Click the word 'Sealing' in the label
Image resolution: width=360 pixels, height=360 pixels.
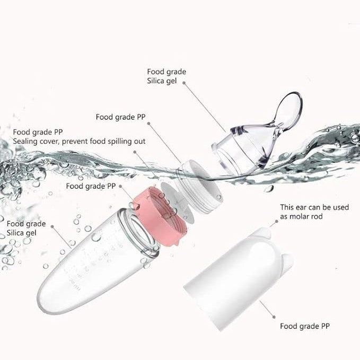(x=25, y=142)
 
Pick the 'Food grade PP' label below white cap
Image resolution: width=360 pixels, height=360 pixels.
(x=305, y=326)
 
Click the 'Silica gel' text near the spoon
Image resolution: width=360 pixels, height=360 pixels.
(x=162, y=81)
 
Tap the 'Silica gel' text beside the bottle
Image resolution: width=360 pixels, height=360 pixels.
(x=21, y=233)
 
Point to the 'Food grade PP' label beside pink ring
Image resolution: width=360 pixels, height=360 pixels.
(x=91, y=186)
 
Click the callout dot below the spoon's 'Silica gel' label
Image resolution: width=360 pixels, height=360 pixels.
(x=184, y=83)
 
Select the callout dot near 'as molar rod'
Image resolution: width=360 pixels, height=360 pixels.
(x=276, y=221)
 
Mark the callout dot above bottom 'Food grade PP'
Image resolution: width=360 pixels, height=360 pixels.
(x=274, y=317)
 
